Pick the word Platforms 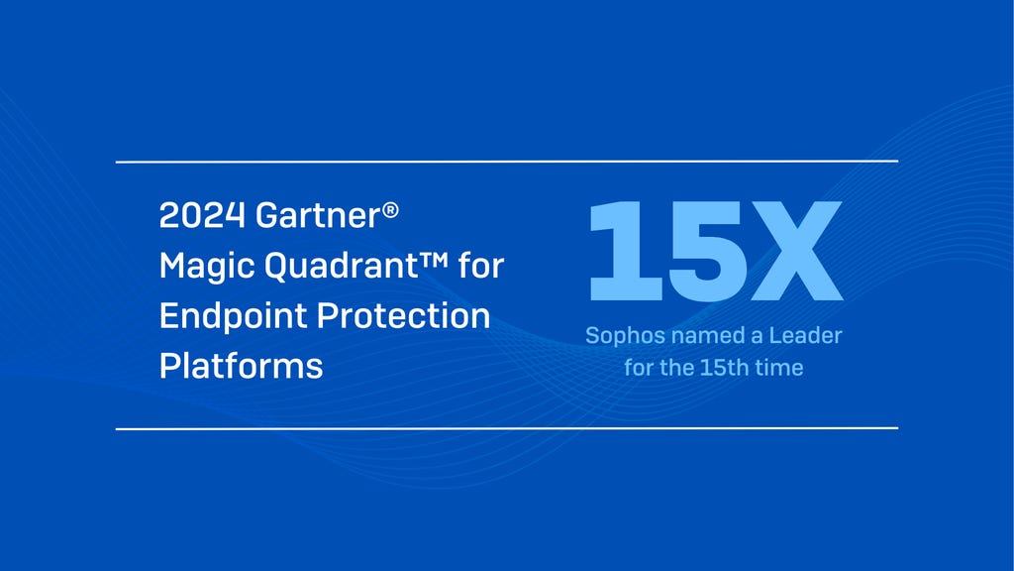pos(241,366)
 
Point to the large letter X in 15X pos(792,252)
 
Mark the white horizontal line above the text pos(507,161)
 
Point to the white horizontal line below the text pos(507,428)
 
